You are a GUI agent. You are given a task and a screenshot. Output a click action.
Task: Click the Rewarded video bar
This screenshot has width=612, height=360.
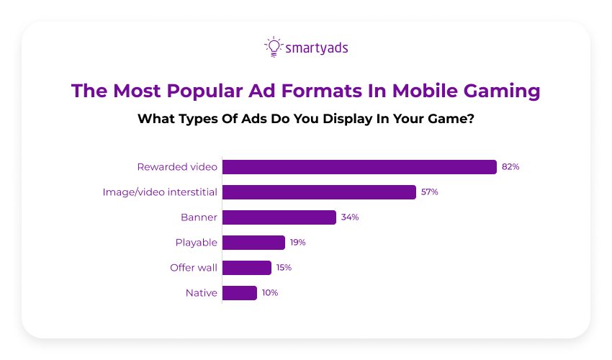(x=359, y=167)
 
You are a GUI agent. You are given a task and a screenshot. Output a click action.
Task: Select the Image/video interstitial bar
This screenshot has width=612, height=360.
(x=319, y=192)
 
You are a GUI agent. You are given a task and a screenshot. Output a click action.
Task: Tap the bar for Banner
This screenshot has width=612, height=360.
(x=279, y=217)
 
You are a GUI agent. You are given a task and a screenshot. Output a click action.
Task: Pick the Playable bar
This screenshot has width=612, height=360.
(x=253, y=243)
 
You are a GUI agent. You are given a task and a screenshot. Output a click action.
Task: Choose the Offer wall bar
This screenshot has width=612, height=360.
(x=247, y=268)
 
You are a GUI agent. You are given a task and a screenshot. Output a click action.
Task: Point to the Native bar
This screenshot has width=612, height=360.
(x=240, y=293)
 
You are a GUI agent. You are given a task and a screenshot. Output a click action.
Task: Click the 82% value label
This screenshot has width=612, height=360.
(x=510, y=167)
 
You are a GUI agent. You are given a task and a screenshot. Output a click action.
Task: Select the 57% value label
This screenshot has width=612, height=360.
(x=430, y=192)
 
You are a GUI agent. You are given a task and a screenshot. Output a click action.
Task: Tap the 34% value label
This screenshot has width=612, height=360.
(x=350, y=217)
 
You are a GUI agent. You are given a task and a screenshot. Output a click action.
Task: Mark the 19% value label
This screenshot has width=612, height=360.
(x=298, y=243)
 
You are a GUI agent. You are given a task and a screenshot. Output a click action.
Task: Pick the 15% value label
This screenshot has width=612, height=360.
(x=284, y=268)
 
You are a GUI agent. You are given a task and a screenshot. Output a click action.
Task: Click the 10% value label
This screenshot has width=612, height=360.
(x=269, y=293)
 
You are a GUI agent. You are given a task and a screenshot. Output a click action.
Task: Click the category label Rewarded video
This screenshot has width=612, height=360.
(x=177, y=167)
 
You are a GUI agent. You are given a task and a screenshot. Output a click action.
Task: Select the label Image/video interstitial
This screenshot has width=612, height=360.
(x=160, y=192)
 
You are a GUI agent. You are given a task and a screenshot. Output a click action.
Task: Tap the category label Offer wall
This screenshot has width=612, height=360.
(x=194, y=268)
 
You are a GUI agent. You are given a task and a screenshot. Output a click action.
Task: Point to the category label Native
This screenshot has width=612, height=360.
(x=202, y=293)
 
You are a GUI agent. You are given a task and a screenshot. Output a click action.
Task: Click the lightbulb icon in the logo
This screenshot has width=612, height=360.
(x=273, y=47)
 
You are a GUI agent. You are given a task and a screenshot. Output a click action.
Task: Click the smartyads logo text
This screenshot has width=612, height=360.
(x=317, y=48)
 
